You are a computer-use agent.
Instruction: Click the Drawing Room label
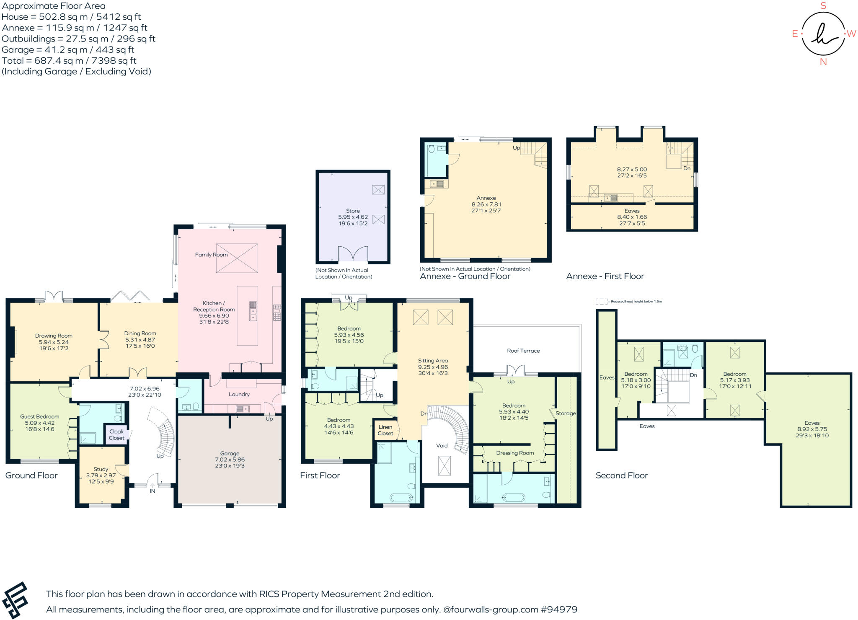[x=54, y=336]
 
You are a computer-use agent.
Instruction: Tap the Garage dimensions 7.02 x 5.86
[x=230, y=460]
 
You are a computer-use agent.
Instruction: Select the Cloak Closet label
[x=116, y=434]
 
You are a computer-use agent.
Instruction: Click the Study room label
[x=101, y=469]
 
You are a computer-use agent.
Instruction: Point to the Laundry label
[x=239, y=394]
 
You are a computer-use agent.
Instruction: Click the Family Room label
[x=211, y=255]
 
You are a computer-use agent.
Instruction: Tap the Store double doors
[x=353, y=254]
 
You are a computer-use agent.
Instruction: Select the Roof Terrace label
[x=523, y=351]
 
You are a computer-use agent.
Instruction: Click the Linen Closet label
[x=385, y=430]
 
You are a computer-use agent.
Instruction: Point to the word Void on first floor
[x=442, y=445]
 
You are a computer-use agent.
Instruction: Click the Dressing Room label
[x=515, y=453]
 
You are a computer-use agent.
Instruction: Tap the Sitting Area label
[x=433, y=360]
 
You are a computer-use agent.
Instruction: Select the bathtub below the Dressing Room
[x=513, y=497]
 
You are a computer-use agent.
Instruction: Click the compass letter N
[x=823, y=62]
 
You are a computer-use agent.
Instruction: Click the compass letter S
[x=823, y=6]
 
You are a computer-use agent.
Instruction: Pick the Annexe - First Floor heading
[x=605, y=276]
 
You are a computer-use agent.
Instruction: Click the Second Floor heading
[x=622, y=475]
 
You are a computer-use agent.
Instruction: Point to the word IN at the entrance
[x=152, y=491]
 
